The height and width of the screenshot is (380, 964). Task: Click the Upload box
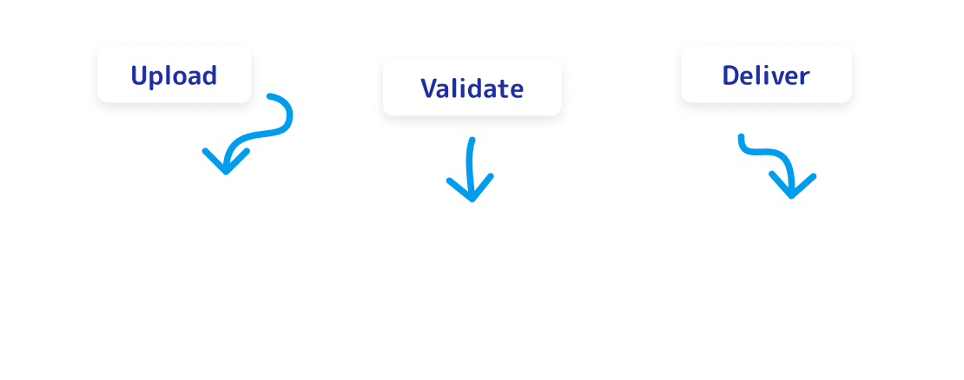[174, 75]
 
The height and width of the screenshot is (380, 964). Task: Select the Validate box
[472, 88]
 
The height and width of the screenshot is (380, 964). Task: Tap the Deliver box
[765, 75]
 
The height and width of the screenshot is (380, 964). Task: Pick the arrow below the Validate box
[471, 169]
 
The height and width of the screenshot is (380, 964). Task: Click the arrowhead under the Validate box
[471, 191]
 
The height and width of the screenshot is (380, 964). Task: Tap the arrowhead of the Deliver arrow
[792, 187]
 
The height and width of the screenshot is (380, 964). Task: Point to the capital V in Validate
[429, 88]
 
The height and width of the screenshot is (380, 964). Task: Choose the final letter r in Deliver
[805, 77]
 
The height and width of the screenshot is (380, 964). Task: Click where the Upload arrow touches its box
[267, 95]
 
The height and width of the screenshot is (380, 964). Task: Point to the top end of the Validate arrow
[472, 140]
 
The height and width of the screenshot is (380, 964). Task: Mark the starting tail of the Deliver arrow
[741, 136]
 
